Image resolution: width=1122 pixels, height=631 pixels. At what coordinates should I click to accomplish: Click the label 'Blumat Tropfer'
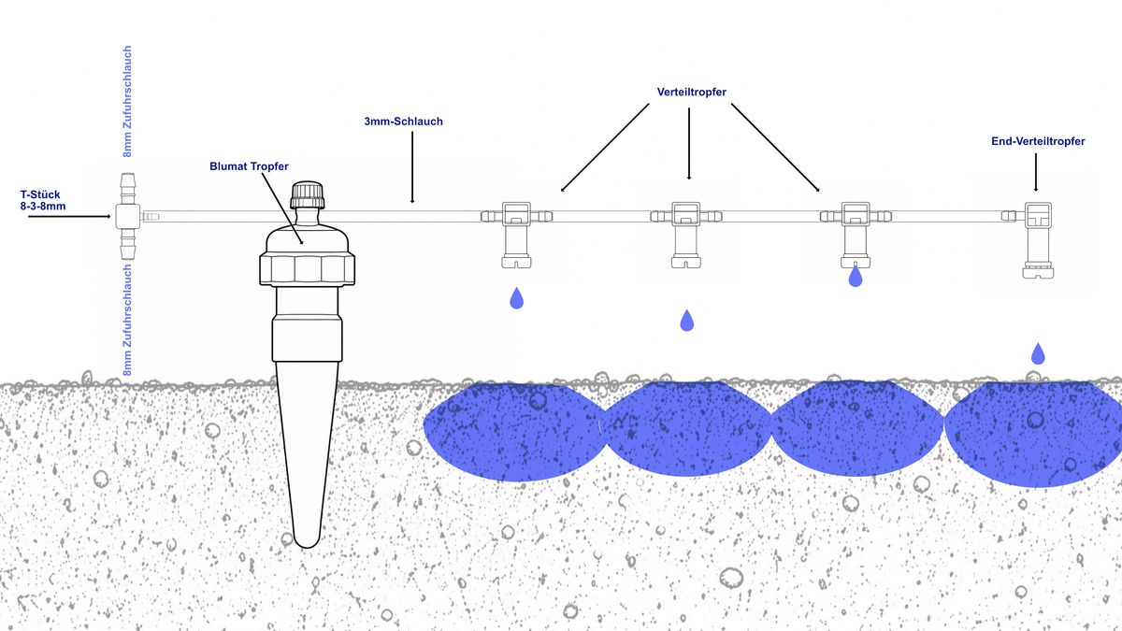(x=249, y=166)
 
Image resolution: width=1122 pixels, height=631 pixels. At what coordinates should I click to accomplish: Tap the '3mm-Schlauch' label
(x=403, y=122)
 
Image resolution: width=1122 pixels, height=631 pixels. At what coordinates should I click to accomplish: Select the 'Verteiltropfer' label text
(x=691, y=93)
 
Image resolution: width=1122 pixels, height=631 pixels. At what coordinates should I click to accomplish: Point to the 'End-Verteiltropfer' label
(x=1038, y=141)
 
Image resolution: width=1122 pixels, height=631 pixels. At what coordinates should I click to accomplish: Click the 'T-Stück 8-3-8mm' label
(x=43, y=200)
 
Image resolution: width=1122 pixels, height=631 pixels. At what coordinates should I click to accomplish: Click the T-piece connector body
(x=128, y=216)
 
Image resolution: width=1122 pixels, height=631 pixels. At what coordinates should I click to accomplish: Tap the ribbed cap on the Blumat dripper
(x=308, y=194)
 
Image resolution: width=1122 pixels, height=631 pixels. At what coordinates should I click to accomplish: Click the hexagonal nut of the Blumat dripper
(x=307, y=269)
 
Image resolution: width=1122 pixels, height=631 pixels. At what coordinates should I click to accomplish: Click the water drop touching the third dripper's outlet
(x=856, y=276)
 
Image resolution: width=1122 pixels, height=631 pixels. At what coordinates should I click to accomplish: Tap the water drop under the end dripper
(x=1038, y=353)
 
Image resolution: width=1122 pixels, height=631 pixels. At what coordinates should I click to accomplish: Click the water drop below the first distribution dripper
(x=516, y=298)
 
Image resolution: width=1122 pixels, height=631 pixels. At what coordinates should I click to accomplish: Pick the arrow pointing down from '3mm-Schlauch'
(x=412, y=167)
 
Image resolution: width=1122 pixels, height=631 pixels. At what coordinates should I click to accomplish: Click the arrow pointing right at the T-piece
(x=69, y=216)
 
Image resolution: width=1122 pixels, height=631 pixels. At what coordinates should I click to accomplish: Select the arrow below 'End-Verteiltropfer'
(x=1036, y=172)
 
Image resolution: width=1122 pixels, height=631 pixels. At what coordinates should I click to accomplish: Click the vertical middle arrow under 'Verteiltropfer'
(x=689, y=144)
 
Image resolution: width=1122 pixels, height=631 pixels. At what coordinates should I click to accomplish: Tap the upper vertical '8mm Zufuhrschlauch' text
(x=128, y=102)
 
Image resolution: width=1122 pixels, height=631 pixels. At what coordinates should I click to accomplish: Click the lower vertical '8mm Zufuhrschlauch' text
(x=128, y=320)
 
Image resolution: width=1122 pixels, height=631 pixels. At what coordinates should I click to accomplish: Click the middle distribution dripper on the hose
(x=686, y=235)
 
